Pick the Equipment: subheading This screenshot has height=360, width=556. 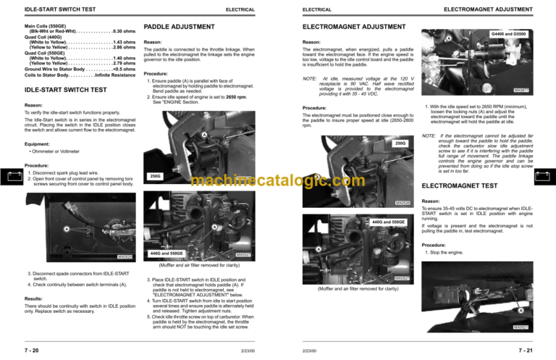40,143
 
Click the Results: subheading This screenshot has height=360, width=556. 35,298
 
